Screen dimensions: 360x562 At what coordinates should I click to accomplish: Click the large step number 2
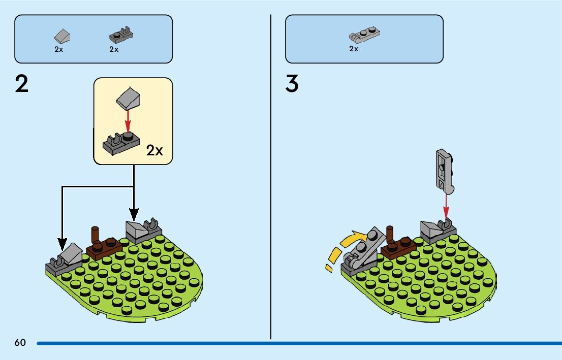click(22, 84)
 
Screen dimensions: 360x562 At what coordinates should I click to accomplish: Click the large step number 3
click(292, 84)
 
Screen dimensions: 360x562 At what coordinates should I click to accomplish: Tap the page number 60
click(20, 342)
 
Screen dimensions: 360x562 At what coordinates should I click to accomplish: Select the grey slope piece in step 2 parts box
click(61, 36)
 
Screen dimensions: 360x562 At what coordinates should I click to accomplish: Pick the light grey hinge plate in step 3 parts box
click(365, 35)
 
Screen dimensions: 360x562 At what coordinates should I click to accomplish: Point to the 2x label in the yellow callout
click(154, 150)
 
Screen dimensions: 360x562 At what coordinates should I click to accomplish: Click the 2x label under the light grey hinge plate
click(354, 49)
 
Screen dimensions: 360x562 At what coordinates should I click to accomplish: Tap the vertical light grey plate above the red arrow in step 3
click(444, 171)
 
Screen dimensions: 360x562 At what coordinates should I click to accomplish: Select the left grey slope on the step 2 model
click(70, 253)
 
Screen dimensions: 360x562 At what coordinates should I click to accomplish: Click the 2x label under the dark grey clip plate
click(114, 49)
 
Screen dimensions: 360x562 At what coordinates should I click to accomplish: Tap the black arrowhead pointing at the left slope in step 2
click(62, 241)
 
